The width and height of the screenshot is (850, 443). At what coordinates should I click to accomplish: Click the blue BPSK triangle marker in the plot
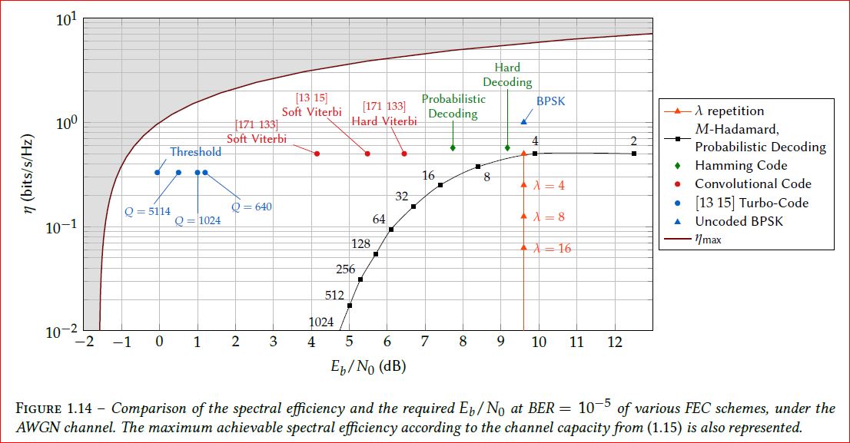tap(523, 121)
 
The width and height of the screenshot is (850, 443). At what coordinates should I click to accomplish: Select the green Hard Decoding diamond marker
tap(507, 147)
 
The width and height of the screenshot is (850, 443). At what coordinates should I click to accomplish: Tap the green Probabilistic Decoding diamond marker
tap(453, 147)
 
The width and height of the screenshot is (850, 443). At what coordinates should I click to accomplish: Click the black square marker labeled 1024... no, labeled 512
tap(350, 306)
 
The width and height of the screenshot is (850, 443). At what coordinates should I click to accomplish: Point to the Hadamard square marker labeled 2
tap(634, 154)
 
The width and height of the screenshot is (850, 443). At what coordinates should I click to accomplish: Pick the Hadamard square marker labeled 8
tap(478, 167)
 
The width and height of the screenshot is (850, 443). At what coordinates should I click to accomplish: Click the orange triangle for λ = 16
tap(523, 247)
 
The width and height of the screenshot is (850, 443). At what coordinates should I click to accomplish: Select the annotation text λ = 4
tap(549, 186)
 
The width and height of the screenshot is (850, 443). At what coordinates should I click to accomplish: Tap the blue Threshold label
tap(195, 152)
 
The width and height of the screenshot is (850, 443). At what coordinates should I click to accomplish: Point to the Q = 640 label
tap(251, 207)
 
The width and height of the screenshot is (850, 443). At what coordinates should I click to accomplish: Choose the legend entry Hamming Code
tap(741, 165)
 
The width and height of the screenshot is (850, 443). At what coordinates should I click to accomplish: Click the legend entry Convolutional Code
tap(752, 183)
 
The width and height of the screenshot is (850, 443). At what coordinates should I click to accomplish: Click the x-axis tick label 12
tap(615, 342)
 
